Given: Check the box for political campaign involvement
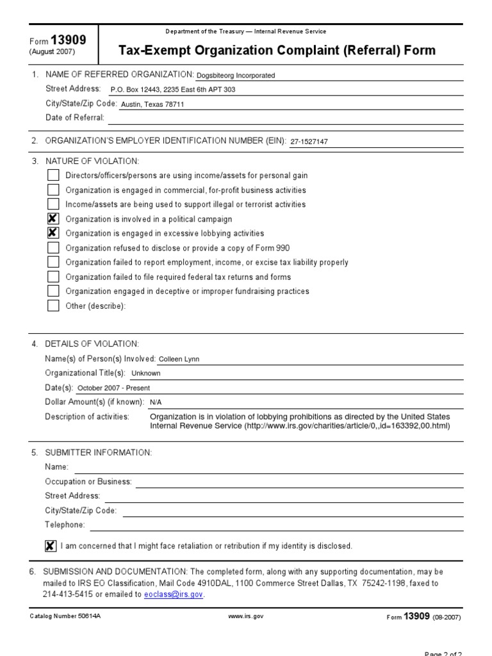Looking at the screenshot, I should [53, 219].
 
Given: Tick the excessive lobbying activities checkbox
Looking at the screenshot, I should [53, 233].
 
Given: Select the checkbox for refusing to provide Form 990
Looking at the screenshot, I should [53, 248].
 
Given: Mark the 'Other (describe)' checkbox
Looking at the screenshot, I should [53, 306].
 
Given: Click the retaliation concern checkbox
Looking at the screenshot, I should [50, 546].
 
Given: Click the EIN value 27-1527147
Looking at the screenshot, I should [309, 142].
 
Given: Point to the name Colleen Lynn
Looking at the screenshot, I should [179, 359].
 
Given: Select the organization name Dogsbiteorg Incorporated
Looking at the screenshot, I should [235, 76].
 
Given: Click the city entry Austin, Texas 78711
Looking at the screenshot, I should [152, 104].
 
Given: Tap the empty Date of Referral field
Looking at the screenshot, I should [285, 118].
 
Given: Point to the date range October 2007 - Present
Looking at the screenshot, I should [113, 388].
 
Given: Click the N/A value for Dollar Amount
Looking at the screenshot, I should [156, 402].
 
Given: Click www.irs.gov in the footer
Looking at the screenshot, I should [245, 616].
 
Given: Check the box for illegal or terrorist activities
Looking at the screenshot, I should [53, 204].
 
